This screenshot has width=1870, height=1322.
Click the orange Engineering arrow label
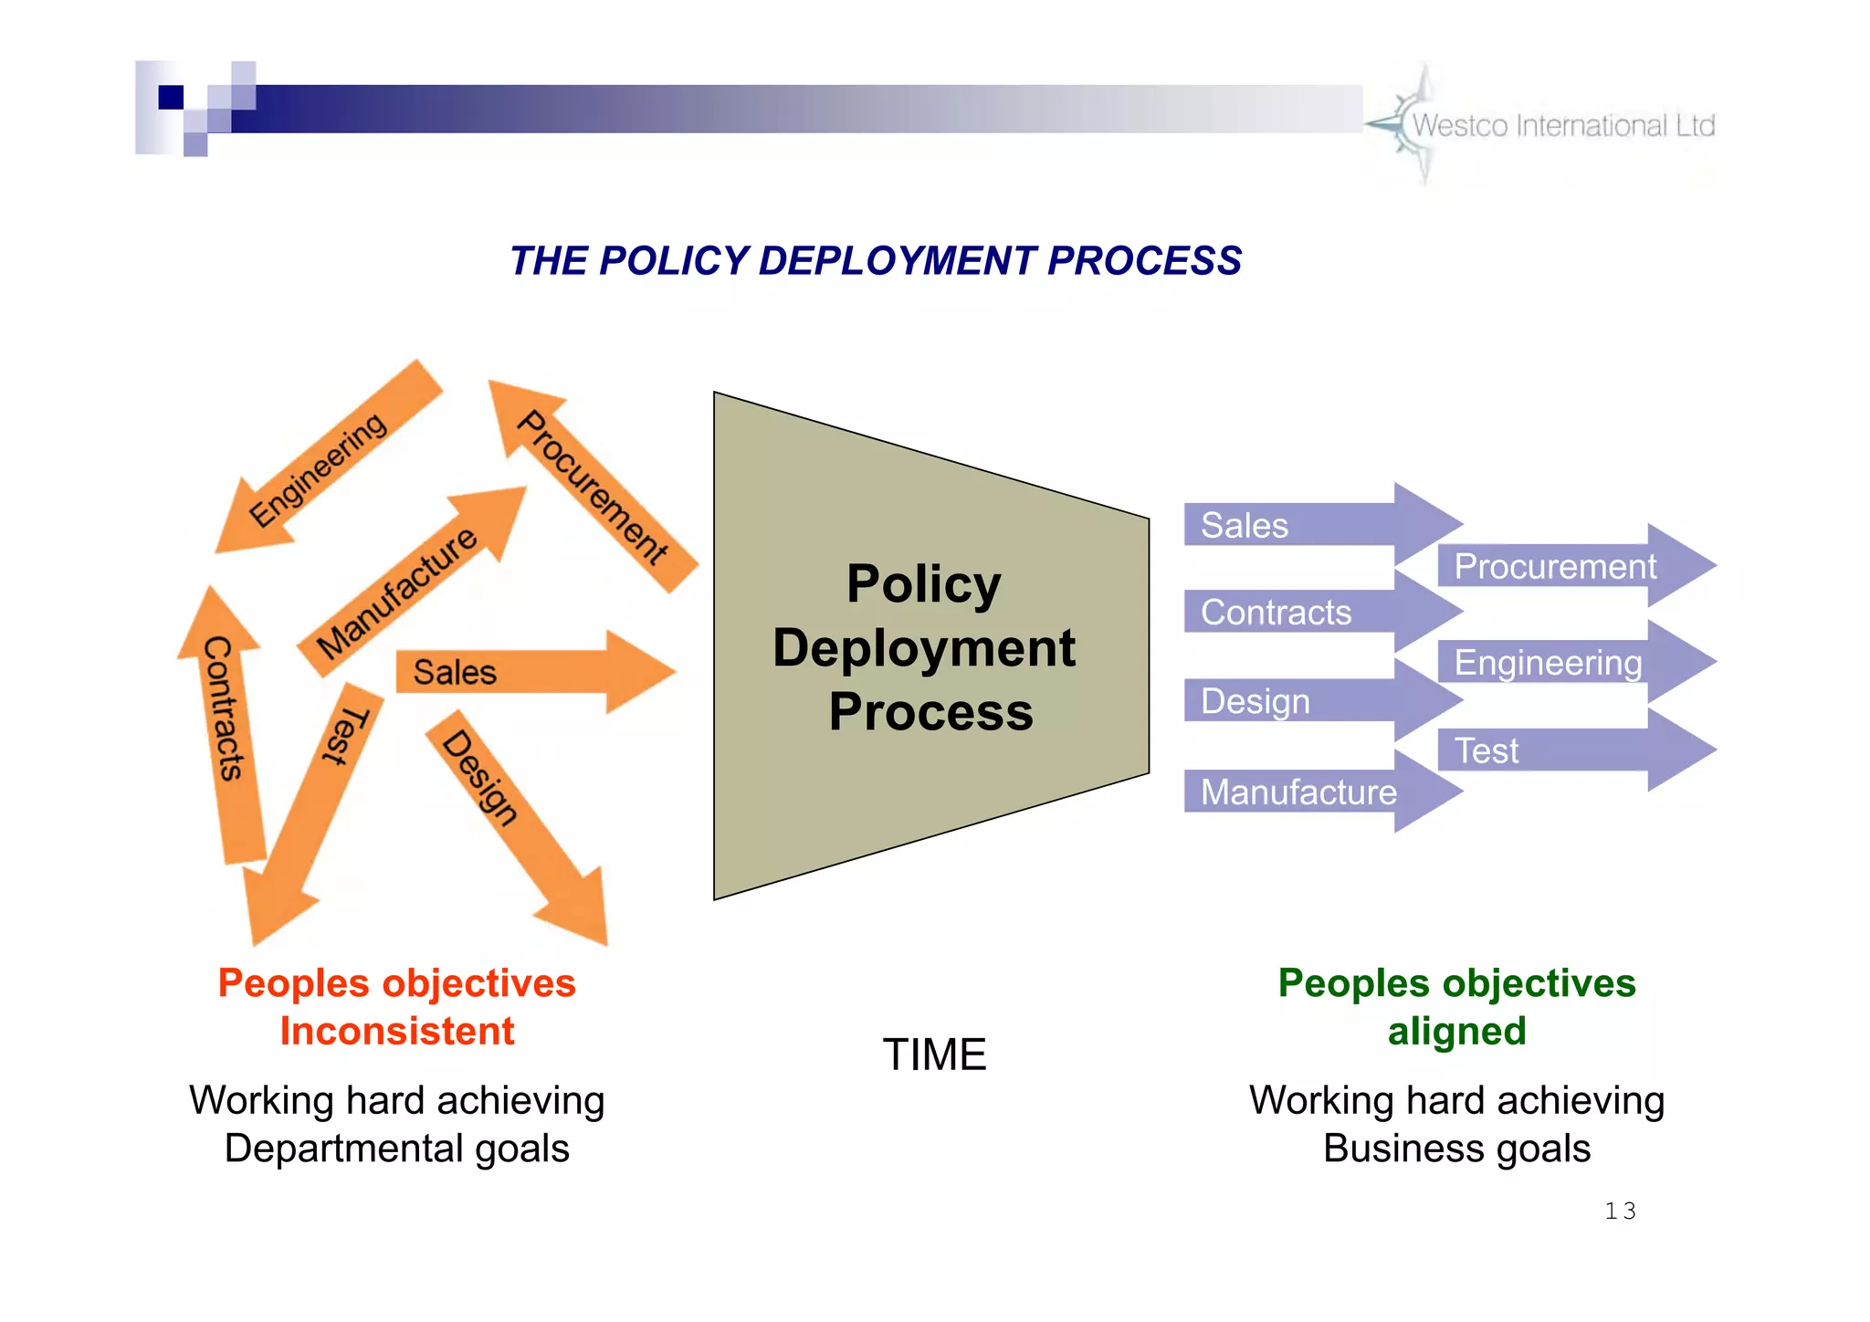pos(318,469)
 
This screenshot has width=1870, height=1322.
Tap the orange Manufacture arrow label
pos(397,593)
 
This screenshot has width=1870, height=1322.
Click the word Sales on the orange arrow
pos(455,673)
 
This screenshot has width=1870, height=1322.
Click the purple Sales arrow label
pos(1244,526)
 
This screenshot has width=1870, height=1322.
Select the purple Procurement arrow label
pos(1554,567)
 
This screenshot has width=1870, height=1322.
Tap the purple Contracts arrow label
pos(1275,613)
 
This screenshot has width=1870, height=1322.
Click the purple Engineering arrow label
pos(1547,663)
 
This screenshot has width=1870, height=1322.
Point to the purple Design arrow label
pos(1255,702)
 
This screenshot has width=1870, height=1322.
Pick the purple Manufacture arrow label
pos(1297,792)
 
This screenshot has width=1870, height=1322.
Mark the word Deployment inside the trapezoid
pos(923,648)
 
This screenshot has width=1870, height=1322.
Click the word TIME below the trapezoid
pos(934,1055)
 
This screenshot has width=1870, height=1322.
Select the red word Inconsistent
pos(397,1032)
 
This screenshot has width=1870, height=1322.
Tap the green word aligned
pos(1456,1032)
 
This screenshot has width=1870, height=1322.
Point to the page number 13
pos(1620,1212)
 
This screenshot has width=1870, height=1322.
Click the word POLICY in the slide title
pos(674,261)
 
